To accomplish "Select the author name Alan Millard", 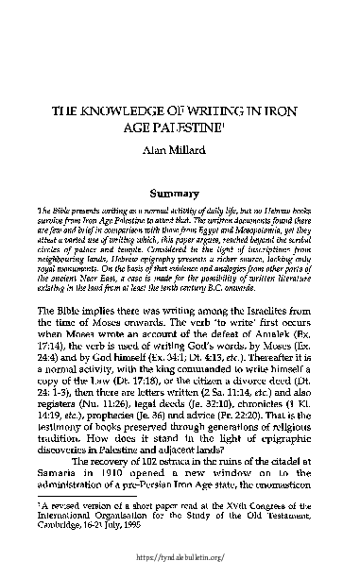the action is click(180, 150).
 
